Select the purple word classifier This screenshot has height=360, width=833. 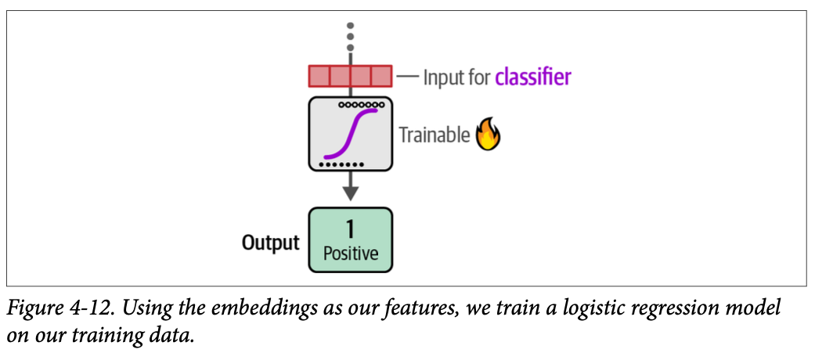click(x=532, y=77)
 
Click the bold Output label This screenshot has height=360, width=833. click(x=270, y=243)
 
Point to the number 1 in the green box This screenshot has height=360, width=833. click(x=350, y=229)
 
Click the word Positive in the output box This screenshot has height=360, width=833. click(x=350, y=254)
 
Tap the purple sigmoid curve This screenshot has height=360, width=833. click(x=351, y=133)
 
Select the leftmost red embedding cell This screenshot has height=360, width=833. click(x=319, y=76)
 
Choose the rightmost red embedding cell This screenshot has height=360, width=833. click(x=381, y=76)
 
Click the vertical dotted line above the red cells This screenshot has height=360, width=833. click(x=350, y=35)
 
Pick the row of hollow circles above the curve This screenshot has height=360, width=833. click(x=361, y=103)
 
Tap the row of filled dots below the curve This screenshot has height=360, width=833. click(x=342, y=164)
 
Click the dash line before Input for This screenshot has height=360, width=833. click(x=407, y=77)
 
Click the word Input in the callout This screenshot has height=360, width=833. click(x=442, y=77)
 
